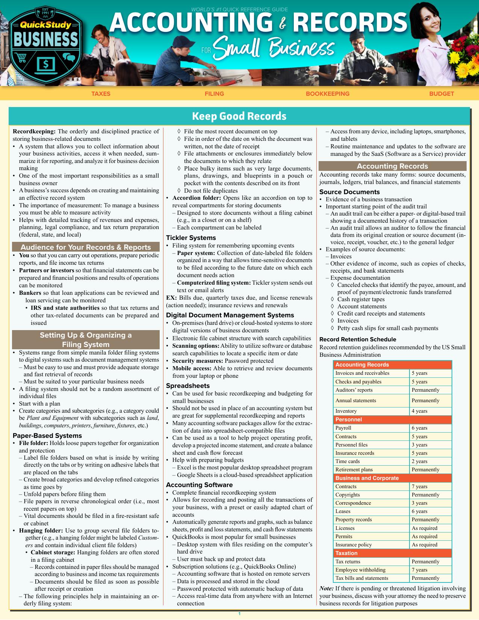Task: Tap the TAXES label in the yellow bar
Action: [101, 94]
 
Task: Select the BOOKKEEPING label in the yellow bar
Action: [327, 94]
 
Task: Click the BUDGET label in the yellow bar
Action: [441, 94]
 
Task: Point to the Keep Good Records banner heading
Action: [239, 116]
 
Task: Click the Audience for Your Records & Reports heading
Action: [86, 247]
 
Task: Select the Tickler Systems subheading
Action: [191, 238]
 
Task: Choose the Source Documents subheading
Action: [349, 192]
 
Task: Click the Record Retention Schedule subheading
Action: [358, 339]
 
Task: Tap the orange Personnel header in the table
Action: [349, 419]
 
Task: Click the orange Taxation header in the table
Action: [346, 553]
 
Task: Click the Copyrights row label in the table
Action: [348, 495]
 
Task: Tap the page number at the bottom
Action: [239, 614]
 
